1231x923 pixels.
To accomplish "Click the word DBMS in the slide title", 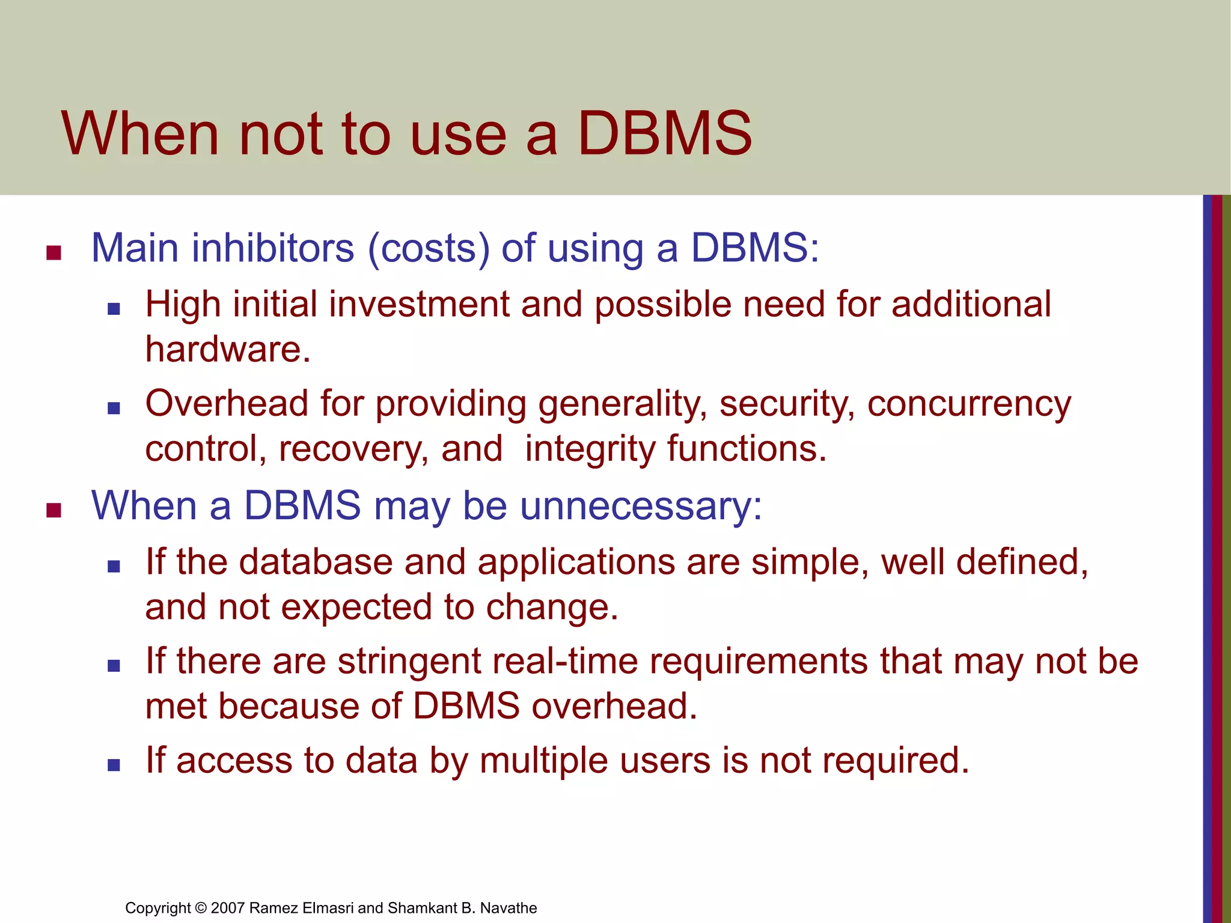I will click(x=664, y=133).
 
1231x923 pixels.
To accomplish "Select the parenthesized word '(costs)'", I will click(x=429, y=248).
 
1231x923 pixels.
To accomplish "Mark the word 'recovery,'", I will click(x=353, y=449).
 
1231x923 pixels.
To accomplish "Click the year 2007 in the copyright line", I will click(x=227, y=908).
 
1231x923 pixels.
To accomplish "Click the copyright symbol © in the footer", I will click(x=201, y=908).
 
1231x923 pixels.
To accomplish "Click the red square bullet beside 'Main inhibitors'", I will click(x=54, y=253).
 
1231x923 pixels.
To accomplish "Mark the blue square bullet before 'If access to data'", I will click(x=114, y=765).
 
